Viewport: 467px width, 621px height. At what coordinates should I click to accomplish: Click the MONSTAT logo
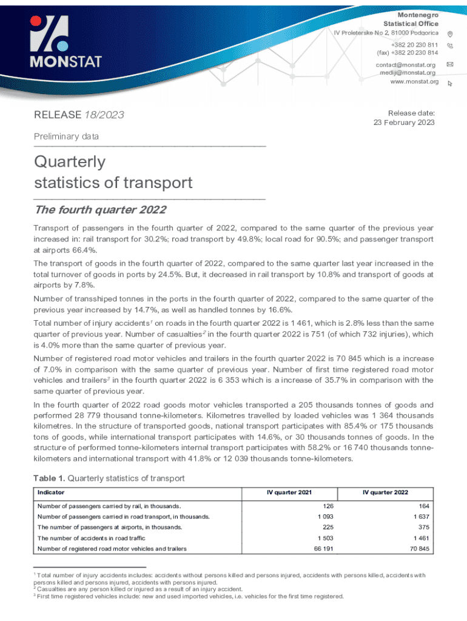point(67,42)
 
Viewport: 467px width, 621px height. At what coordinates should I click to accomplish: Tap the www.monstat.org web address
point(414,82)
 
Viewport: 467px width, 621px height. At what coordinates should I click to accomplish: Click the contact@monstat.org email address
point(406,65)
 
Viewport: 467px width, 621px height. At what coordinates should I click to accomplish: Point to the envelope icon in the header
point(449,64)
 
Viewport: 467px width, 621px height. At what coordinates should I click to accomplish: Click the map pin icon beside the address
point(449,33)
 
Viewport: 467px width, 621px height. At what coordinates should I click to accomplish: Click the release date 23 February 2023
point(404,123)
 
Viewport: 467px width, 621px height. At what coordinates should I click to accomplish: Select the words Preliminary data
point(66,137)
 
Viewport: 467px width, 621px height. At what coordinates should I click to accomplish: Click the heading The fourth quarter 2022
point(100,210)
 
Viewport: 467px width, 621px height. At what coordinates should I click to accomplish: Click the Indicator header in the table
point(51,492)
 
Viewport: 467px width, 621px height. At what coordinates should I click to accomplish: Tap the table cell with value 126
point(326,506)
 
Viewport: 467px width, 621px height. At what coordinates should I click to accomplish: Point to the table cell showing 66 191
point(321,549)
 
